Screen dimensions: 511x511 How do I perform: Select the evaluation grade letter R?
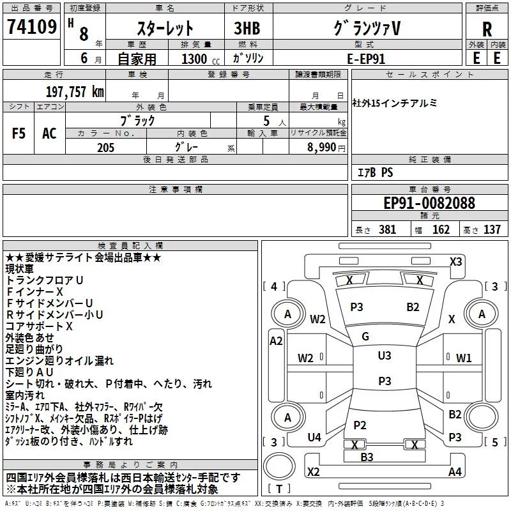point(487,29)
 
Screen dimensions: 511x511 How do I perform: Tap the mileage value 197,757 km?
point(75,91)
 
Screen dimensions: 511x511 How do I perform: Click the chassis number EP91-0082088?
point(429,203)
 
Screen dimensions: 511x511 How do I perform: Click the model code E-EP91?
point(365,59)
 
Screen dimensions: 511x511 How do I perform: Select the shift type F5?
point(19,133)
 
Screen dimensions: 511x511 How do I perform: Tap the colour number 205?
point(105,148)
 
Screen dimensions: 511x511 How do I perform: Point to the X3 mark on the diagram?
point(455,261)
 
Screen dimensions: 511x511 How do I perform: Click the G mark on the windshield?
point(365,337)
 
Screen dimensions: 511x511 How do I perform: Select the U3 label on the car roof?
point(385,356)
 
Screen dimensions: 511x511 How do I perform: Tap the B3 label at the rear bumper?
point(367,457)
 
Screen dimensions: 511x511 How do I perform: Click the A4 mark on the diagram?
point(455,472)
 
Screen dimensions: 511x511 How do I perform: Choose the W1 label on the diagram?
point(464,358)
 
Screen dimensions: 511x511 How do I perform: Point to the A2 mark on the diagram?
point(276,341)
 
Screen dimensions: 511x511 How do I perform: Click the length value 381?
point(386,230)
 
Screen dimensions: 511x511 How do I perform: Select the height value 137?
point(492,230)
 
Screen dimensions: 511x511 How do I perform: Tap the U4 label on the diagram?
point(314,438)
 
